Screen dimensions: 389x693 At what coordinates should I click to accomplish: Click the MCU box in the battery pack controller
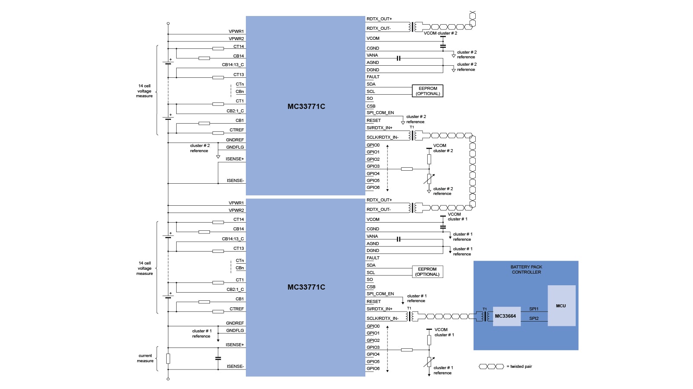click(x=561, y=306)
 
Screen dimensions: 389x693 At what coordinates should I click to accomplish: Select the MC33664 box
click(x=506, y=316)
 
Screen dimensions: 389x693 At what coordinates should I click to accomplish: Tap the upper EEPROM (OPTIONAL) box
click(x=428, y=91)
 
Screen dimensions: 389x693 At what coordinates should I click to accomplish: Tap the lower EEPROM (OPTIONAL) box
click(x=427, y=271)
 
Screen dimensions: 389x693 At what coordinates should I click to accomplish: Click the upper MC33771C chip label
click(x=306, y=106)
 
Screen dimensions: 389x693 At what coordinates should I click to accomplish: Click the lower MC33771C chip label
click(x=306, y=287)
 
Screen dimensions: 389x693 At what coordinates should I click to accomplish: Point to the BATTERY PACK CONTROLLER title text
click(x=526, y=269)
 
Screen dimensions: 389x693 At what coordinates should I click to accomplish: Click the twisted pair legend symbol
click(x=491, y=367)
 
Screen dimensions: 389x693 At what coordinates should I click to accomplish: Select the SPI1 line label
click(x=534, y=309)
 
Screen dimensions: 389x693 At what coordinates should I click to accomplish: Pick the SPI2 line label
click(x=534, y=319)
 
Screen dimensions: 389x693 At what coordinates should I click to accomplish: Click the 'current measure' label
click(x=145, y=358)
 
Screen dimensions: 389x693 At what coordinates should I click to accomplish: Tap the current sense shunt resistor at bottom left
click(x=168, y=359)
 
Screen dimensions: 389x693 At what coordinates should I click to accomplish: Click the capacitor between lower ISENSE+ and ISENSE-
click(x=218, y=358)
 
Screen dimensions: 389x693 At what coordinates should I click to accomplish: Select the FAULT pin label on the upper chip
click(x=373, y=77)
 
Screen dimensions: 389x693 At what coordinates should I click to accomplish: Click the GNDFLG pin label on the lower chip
click(x=235, y=331)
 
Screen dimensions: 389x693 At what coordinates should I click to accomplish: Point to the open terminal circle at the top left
click(x=168, y=23)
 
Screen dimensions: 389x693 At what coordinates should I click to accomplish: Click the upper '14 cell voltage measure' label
click(x=145, y=91)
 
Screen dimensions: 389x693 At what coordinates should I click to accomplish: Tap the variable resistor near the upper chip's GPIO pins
click(x=429, y=179)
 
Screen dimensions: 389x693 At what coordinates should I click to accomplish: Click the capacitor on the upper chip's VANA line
click(x=399, y=58)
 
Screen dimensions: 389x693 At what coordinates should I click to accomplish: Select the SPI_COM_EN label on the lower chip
click(x=380, y=294)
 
